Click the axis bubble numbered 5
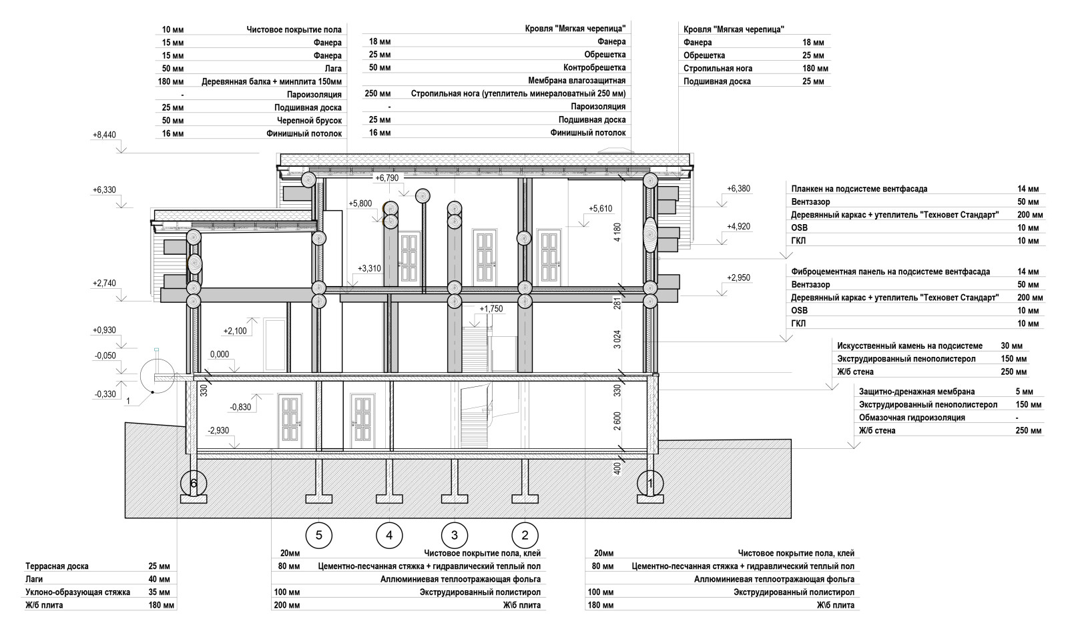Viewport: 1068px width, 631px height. click(319, 535)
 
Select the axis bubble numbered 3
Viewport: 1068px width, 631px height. click(455, 535)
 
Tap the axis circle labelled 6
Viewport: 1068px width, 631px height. click(194, 483)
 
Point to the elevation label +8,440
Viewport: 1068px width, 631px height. click(105, 135)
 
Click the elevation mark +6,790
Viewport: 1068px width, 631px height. click(387, 178)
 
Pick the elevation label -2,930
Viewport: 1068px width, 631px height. click(218, 430)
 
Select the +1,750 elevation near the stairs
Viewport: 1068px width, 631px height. click(491, 309)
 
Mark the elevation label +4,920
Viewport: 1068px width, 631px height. click(738, 227)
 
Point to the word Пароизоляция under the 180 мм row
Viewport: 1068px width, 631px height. click(314, 95)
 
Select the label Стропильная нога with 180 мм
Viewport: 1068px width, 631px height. click(718, 69)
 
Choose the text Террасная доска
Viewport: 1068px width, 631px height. click(57, 566)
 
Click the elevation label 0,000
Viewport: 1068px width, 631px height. click(220, 355)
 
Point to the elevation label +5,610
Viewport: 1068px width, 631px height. click(600, 209)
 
